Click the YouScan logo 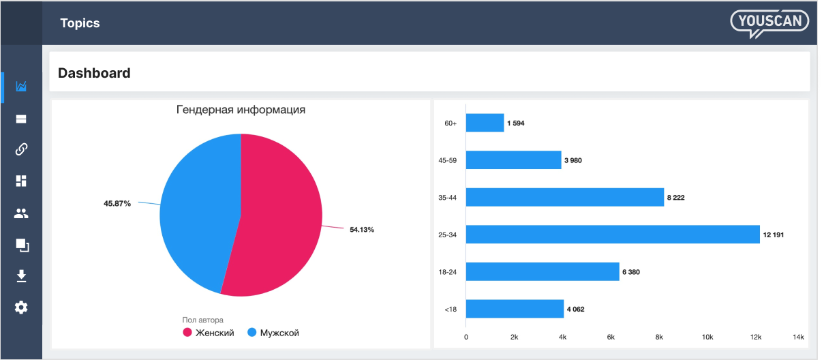[x=769, y=22]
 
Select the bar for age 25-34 [x=612, y=235]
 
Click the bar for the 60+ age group [x=485, y=123]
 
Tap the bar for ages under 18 [x=515, y=309]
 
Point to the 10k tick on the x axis [x=707, y=337]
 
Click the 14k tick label [x=798, y=337]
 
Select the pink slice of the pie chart [x=279, y=218]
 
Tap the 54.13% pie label [x=361, y=230]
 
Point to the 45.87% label [x=117, y=203]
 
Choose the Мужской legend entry [x=273, y=333]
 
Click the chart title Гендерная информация [x=241, y=110]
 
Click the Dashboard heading [x=94, y=73]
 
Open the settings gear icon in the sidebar [x=21, y=307]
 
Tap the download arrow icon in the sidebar [x=21, y=275]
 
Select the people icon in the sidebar [x=21, y=213]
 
